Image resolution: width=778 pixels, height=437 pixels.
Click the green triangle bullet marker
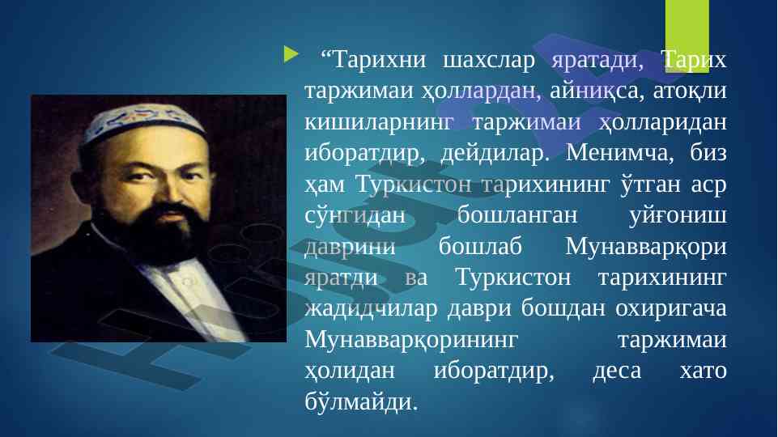point(291,54)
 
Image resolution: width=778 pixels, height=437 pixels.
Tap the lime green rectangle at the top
point(687,36)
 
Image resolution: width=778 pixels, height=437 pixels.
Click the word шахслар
point(488,60)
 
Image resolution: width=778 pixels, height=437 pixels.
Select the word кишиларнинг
point(379,122)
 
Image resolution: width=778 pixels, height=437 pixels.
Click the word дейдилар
point(495,153)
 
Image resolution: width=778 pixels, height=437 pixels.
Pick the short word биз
point(708,153)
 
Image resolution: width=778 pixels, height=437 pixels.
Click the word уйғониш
point(678,215)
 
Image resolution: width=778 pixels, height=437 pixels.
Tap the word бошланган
point(517,215)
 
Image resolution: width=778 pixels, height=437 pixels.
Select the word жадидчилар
point(371,309)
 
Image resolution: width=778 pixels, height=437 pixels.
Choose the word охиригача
point(671,309)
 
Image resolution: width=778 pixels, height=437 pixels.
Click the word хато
point(703,371)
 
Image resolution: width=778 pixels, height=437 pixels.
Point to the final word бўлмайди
point(361,401)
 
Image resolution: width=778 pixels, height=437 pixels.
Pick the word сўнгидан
point(355,215)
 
